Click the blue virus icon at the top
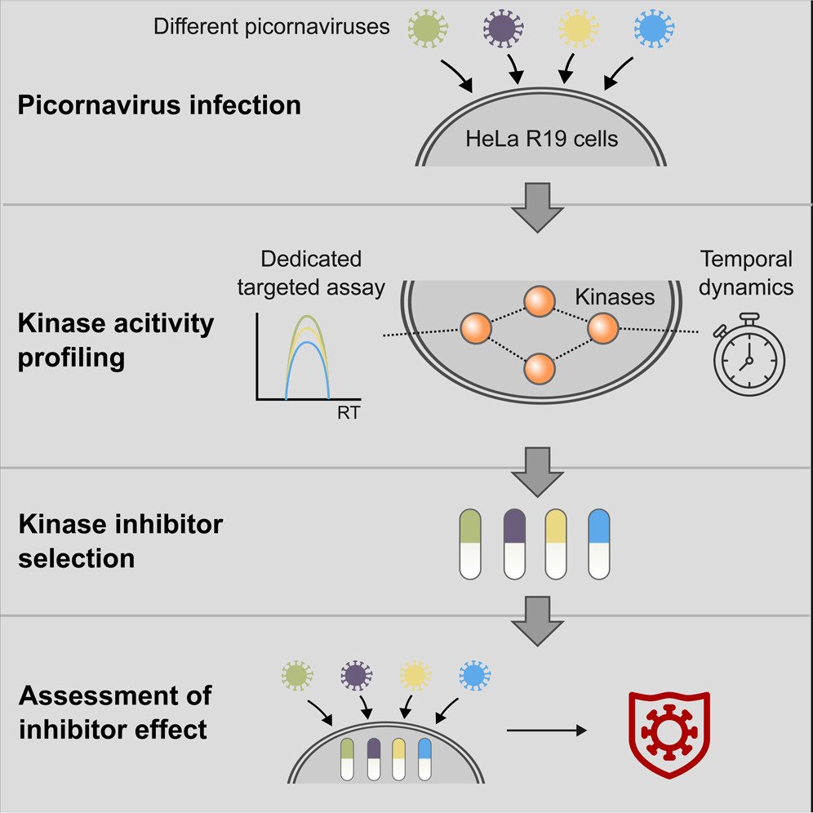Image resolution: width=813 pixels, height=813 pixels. [x=654, y=29]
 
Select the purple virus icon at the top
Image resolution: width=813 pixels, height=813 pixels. [x=501, y=29]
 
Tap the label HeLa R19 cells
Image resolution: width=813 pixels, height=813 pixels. [x=541, y=138]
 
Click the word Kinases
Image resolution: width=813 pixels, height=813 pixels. [x=615, y=297]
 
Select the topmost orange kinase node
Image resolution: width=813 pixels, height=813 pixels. [x=540, y=302]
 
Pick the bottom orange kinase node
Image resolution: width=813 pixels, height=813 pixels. [x=540, y=368]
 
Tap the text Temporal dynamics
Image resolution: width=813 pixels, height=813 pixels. [x=745, y=273]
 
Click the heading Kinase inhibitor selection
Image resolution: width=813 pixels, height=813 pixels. [x=121, y=540]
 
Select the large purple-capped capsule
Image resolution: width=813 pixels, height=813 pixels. [x=514, y=544]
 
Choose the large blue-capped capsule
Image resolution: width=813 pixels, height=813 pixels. [x=599, y=544]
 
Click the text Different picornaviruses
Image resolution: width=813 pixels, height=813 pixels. [x=271, y=28]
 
